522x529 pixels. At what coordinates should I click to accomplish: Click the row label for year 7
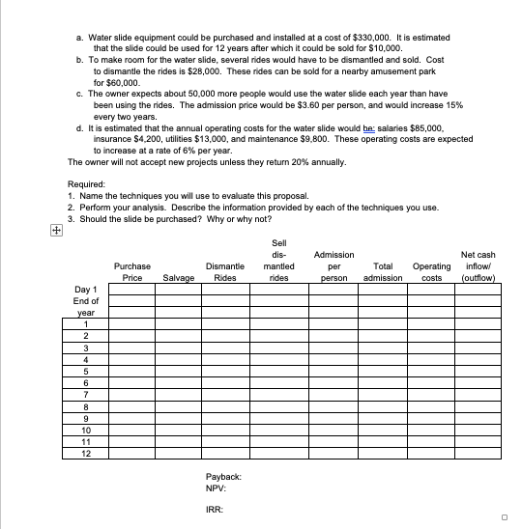86,394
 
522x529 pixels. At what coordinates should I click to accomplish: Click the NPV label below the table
217,489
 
